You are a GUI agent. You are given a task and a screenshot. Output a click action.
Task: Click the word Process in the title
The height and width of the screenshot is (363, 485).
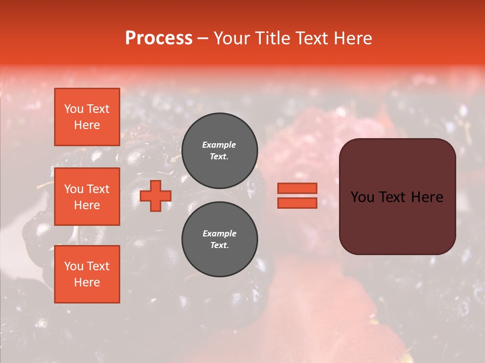(x=159, y=38)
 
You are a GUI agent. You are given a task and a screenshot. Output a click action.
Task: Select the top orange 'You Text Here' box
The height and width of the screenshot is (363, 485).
(x=87, y=117)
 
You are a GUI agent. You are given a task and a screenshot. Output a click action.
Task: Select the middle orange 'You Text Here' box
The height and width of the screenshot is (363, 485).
(x=87, y=197)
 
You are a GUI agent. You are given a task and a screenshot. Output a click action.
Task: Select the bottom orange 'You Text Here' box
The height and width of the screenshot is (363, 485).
(x=87, y=274)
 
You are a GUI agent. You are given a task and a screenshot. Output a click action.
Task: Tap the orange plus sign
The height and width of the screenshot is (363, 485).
(x=156, y=196)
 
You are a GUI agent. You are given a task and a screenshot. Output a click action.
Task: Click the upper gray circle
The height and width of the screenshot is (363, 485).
(x=219, y=151)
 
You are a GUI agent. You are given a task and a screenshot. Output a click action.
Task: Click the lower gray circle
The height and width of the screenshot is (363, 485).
(x=219, y=239)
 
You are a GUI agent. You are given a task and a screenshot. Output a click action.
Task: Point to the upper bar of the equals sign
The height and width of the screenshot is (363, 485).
(x=297, y=188)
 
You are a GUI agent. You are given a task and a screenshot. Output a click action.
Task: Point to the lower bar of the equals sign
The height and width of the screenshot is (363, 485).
(x=297, y=203)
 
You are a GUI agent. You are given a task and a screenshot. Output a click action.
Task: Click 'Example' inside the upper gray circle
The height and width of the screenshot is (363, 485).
(x=219, y=145)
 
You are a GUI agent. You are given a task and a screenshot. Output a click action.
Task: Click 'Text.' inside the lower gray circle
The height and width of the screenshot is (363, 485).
(x=219, y=246)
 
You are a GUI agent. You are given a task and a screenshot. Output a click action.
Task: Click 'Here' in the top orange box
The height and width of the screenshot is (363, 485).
(x=87, y=125)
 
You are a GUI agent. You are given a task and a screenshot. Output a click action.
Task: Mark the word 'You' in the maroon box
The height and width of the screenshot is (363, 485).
(x=362, y=197)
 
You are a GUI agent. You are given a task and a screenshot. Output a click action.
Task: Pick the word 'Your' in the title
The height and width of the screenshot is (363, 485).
(x=232, y=38)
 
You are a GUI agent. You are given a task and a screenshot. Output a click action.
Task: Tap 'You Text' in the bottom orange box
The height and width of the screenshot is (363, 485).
(x=87, y=266)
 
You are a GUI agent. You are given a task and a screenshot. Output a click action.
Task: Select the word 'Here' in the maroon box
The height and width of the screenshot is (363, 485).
(x=427, y=197)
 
